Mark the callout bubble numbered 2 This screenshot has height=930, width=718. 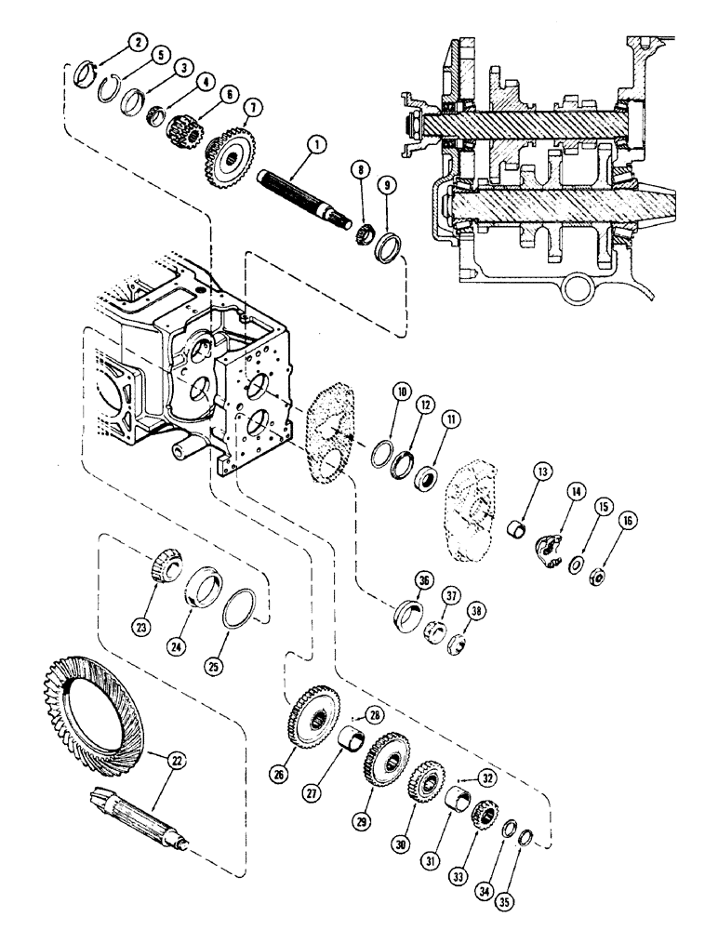tap(138, 41)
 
